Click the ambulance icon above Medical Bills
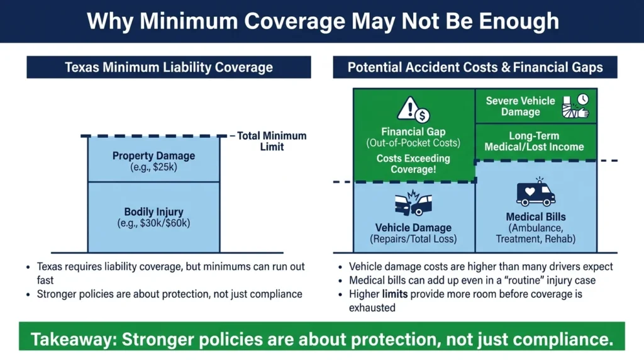click(x=536, y=193)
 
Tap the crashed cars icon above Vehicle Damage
click(x=413, y=203)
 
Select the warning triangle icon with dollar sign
click(x=413, y=110)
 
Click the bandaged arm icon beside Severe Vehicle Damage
click(x=575, y=106)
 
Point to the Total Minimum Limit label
click(x=272, y=141)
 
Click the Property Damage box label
click(x=153, y=155)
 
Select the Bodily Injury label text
click(x=153, y=211)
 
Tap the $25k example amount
click(x=153, y=167)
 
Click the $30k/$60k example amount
click(x=153, y=223)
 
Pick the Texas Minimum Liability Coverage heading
click(x=169, y=67)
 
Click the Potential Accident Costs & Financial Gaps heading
click(x=475, y=67)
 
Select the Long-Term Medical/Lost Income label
click(x=534, y=142)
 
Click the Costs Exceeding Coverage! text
click(x=413, y=164)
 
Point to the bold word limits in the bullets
click(x=395, y=294)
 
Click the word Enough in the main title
click(x=519, y=21)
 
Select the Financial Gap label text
click(x=413, y=132)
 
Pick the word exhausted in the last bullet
click(x=372, y=308)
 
